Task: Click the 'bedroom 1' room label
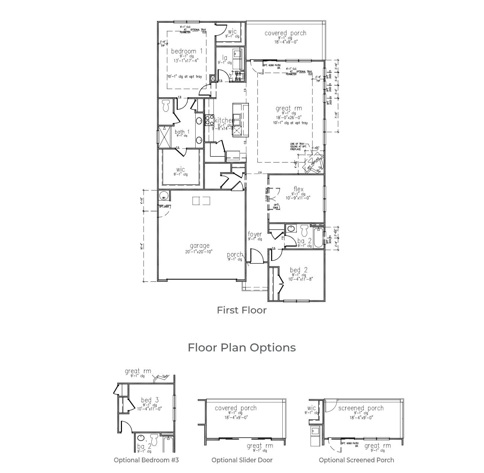pyautogui.click(x=187, y=51)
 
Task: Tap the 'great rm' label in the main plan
pyautogui.click(x=289, y=108)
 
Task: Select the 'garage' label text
pyautogui.click(x=200, y=246)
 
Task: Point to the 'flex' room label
pyautogui.click(x=298, y=189)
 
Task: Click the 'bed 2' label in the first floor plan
pyautogui.click(x=299, y=270)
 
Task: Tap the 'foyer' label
pyautogui.click(x=255, y=234)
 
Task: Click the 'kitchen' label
pyautogui.click(x=224, y=120)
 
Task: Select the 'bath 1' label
pyautogui.click(x=182, y=132)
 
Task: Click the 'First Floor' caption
pyautogui.click(x=242, y=310)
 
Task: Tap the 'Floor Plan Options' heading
pyautogui.click(x=242, y=347)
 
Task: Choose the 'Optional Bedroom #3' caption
pyautogui.click(x=146, y=460)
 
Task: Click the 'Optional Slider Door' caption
pyautogui.click(x=242, y=460)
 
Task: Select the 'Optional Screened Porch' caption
pyautogui.click(x=356, y=460)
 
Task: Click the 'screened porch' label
pyautogui.click(x=361, y=408)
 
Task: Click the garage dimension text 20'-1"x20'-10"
pyautogui.click(x=199, y=252)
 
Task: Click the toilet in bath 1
pyautogui.click(x=166, y=105)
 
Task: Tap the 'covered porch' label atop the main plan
pyautogui.click(x=285, y=33)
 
